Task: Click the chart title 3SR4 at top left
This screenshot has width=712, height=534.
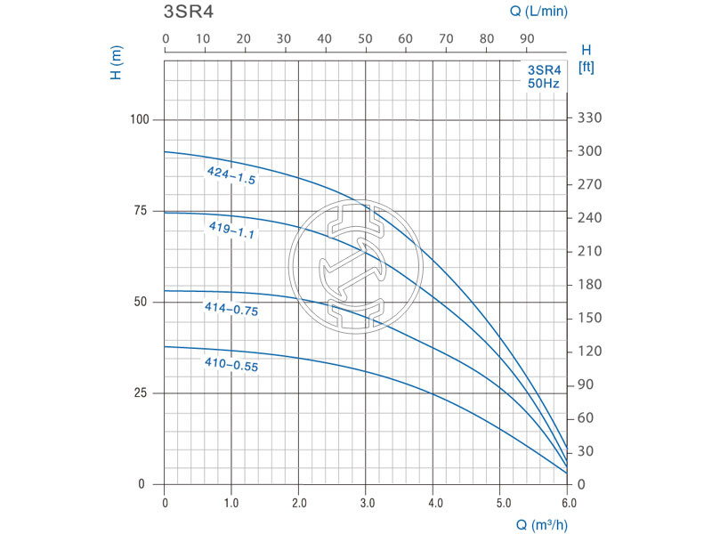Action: [189, 13]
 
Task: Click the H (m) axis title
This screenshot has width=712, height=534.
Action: [116, 63]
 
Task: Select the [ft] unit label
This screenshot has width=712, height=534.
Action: [586, 68]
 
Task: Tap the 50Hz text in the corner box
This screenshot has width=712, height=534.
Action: [543, 83]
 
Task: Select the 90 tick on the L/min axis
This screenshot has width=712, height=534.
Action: [526, 39]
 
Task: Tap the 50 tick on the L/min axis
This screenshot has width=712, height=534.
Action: [365, 39]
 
